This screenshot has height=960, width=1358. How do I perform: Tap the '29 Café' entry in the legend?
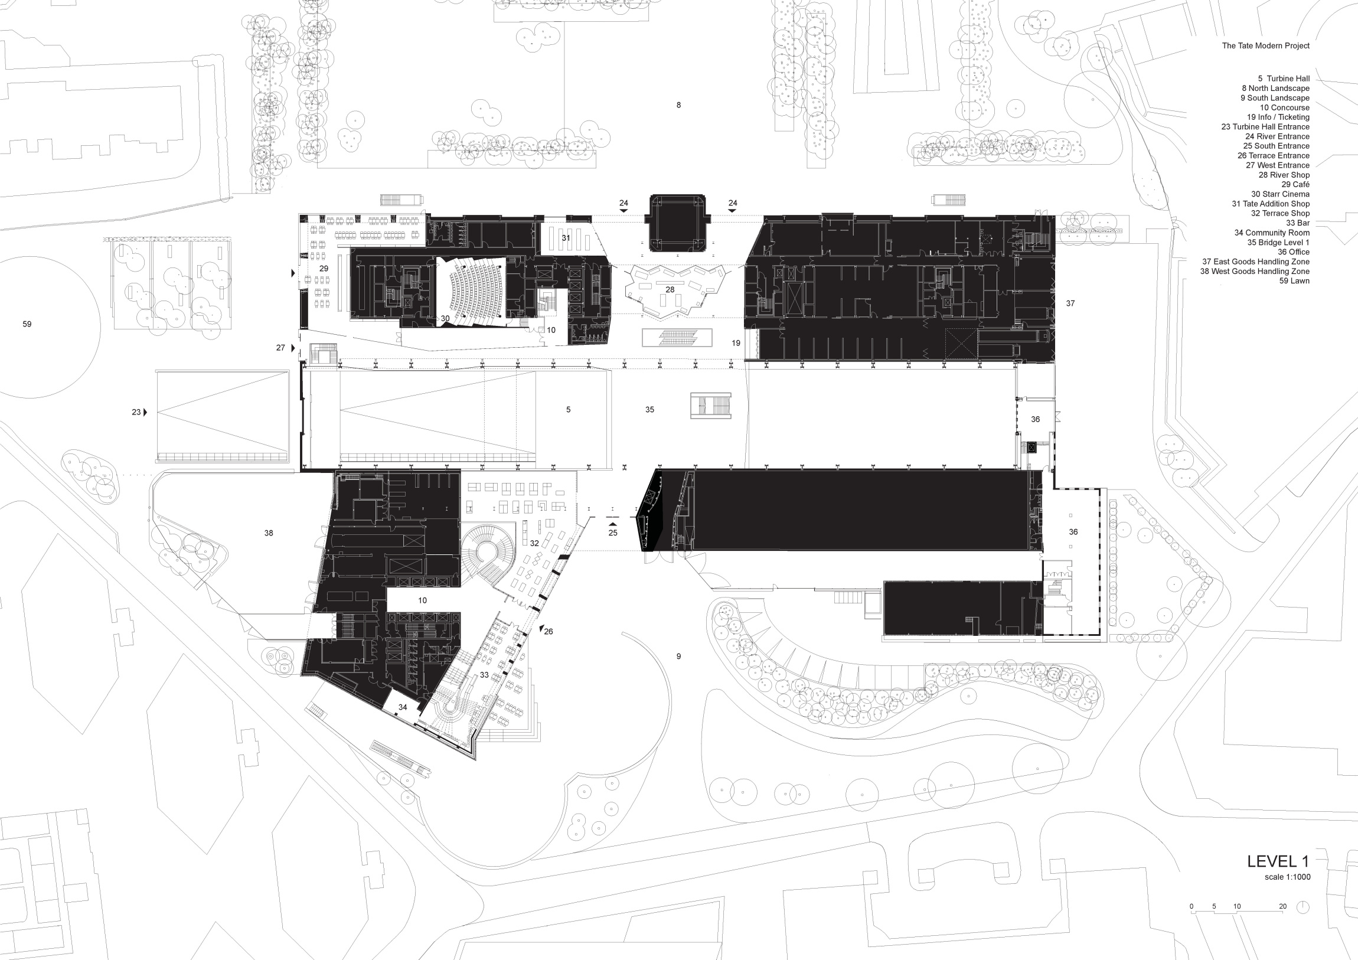click(1295, 185)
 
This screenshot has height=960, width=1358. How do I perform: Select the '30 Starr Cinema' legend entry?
click(1280, 194)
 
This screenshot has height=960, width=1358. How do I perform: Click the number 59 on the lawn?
click(27, 324)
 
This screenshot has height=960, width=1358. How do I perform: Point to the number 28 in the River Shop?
click(670, 290)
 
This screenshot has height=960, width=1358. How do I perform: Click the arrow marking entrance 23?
click(145, 412)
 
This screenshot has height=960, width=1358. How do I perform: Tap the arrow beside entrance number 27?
click(292, 348)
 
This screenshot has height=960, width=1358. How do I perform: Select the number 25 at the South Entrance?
click(613, 533)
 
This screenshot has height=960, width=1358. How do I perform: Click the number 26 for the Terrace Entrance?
click(549, 632)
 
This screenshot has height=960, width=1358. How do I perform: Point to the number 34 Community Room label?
click(403, 707)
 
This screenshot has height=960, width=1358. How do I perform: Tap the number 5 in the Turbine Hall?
click(569, 409)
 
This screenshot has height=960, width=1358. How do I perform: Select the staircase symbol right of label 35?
click(710, 406)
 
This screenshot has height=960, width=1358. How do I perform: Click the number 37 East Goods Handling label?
click(1070, 303)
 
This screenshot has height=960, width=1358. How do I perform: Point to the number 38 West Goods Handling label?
click(269, 533)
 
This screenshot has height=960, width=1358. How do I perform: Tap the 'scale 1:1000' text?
click(1287, 877)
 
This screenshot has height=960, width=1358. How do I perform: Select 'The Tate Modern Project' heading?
click(1266, 45)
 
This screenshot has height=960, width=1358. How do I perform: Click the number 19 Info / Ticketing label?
click(736, 343)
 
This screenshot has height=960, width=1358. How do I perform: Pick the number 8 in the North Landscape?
click(678, 105)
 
